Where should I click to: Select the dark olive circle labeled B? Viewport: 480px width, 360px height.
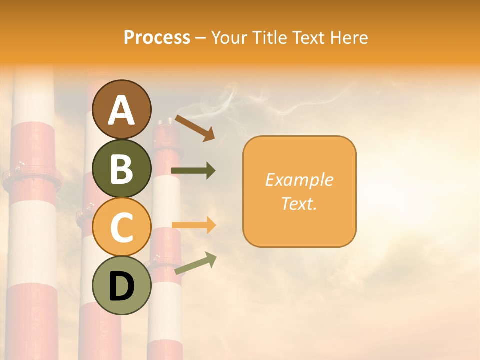click(x=122, y=168)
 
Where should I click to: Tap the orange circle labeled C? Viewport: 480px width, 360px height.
click(x=122, y=227)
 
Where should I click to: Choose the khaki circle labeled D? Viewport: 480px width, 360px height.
click(x=122, y=285)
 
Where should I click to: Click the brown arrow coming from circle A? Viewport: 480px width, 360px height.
click(x=195, y=128)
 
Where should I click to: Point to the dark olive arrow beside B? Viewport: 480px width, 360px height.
click(x=193, y=171)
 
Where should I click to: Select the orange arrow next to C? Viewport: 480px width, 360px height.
click(x=193, y=225)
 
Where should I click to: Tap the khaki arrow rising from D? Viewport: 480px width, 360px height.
click(x=195, y=263)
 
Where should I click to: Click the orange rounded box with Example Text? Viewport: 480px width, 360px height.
click(x=299, y=192)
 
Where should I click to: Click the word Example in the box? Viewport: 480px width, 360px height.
click(x=299, y=180)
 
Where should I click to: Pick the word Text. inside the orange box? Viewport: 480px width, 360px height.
click(x=299, y=203)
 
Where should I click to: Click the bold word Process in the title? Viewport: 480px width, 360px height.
click(x=157, y=37)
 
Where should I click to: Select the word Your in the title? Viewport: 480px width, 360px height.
click(x=229, y=37)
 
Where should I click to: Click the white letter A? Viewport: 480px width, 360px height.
click(x=122, y=110)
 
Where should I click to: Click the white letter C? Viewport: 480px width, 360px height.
click(x=122, y=228)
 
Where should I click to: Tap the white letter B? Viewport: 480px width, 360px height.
click(x=122, y=169)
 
